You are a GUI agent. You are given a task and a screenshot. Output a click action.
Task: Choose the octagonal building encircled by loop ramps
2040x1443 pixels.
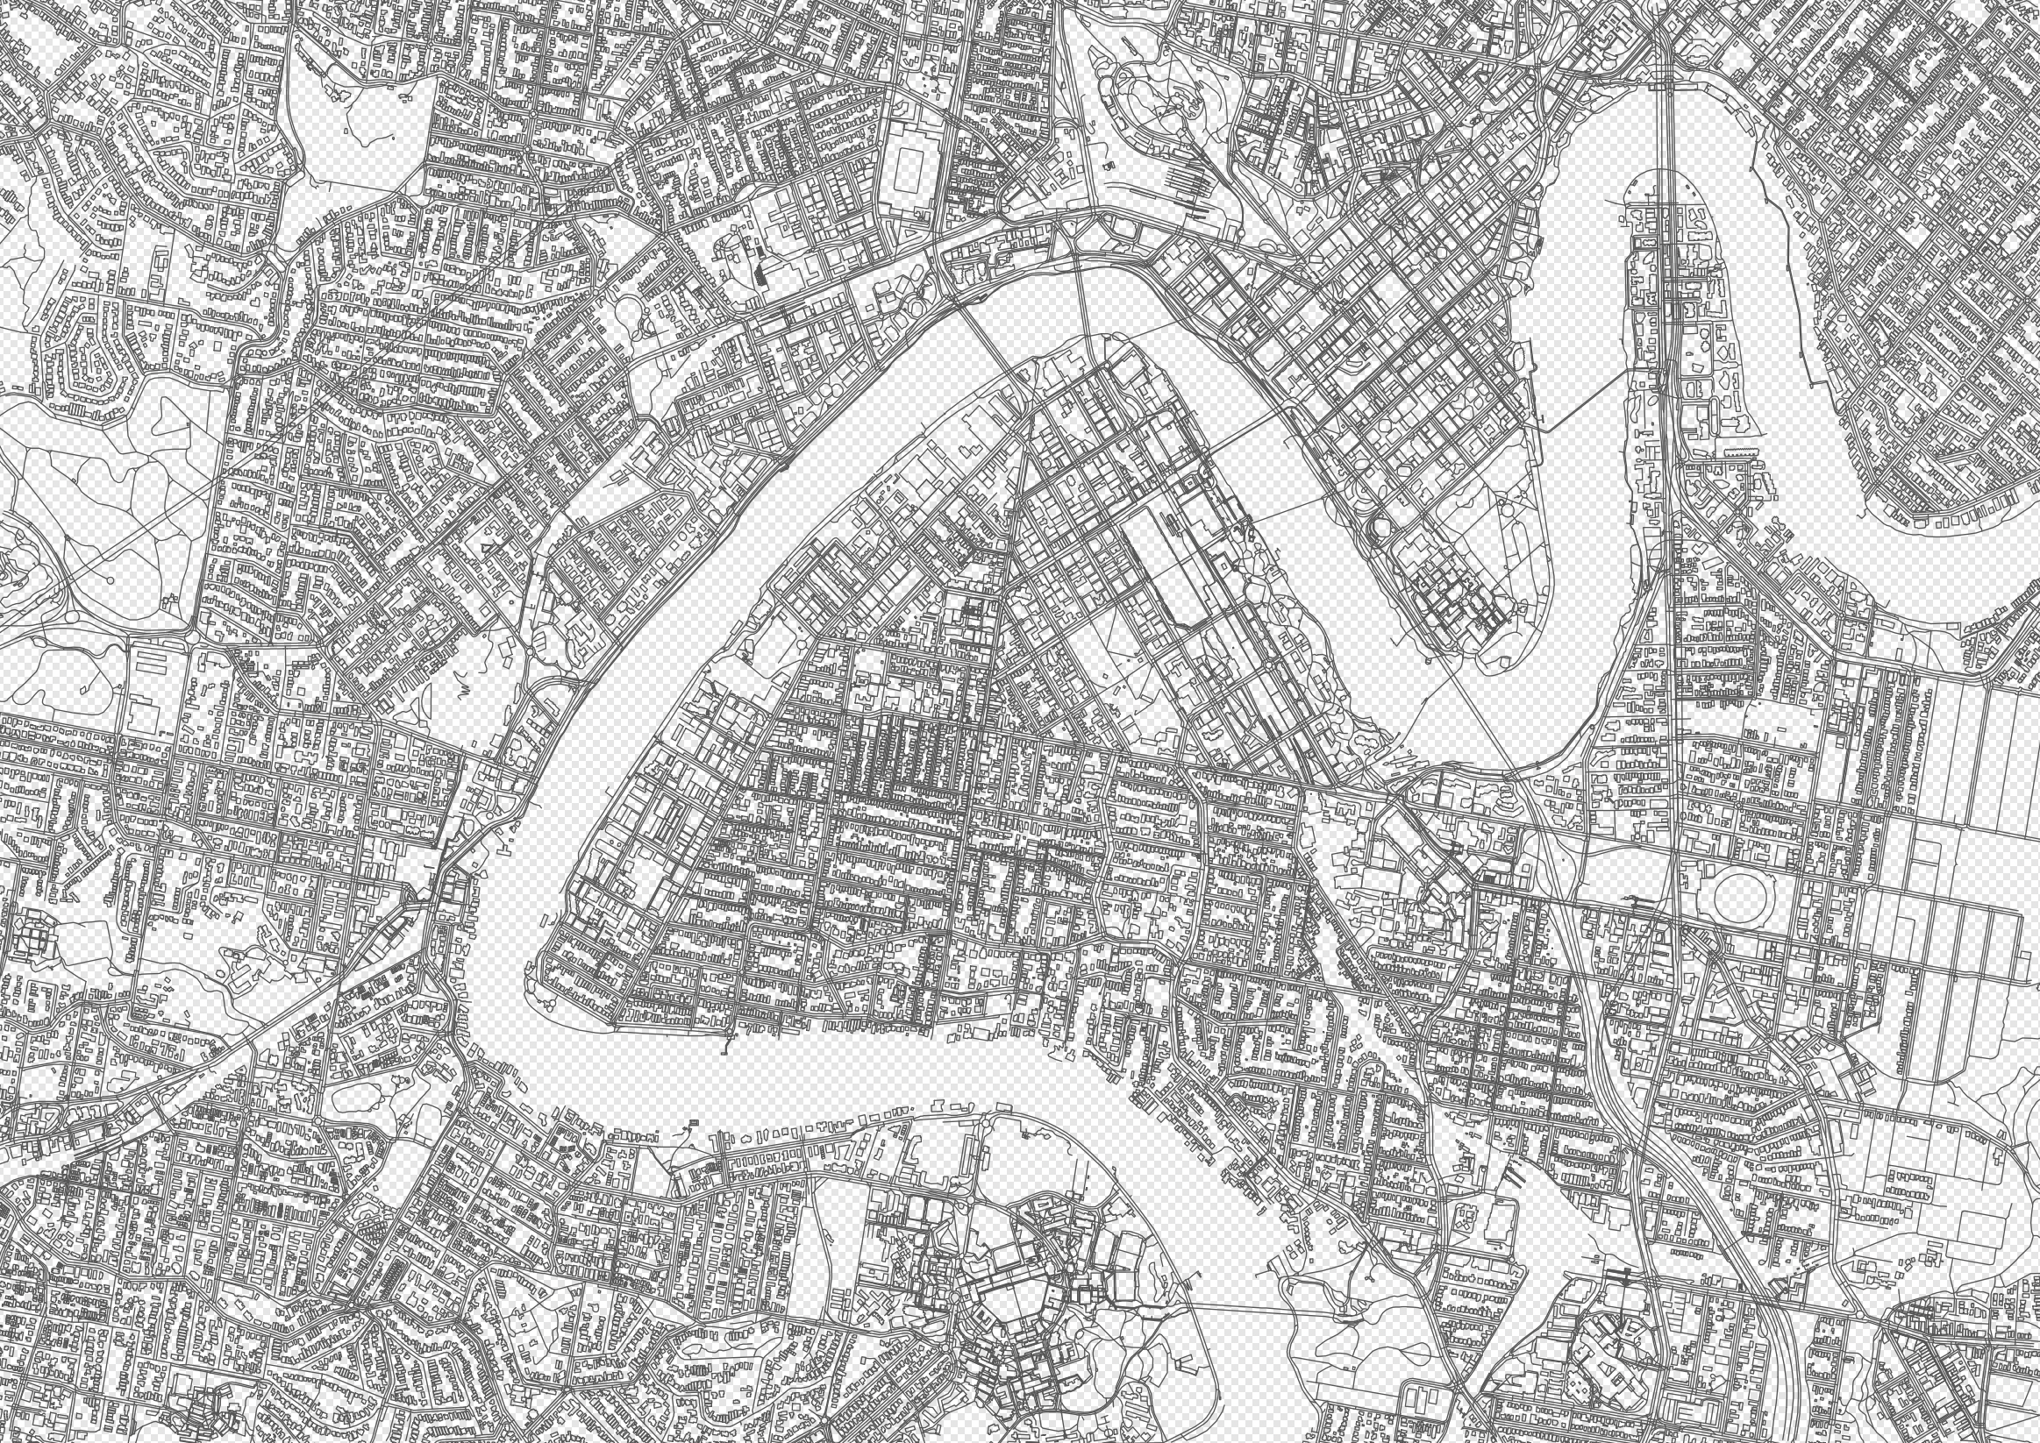(1383, 530)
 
